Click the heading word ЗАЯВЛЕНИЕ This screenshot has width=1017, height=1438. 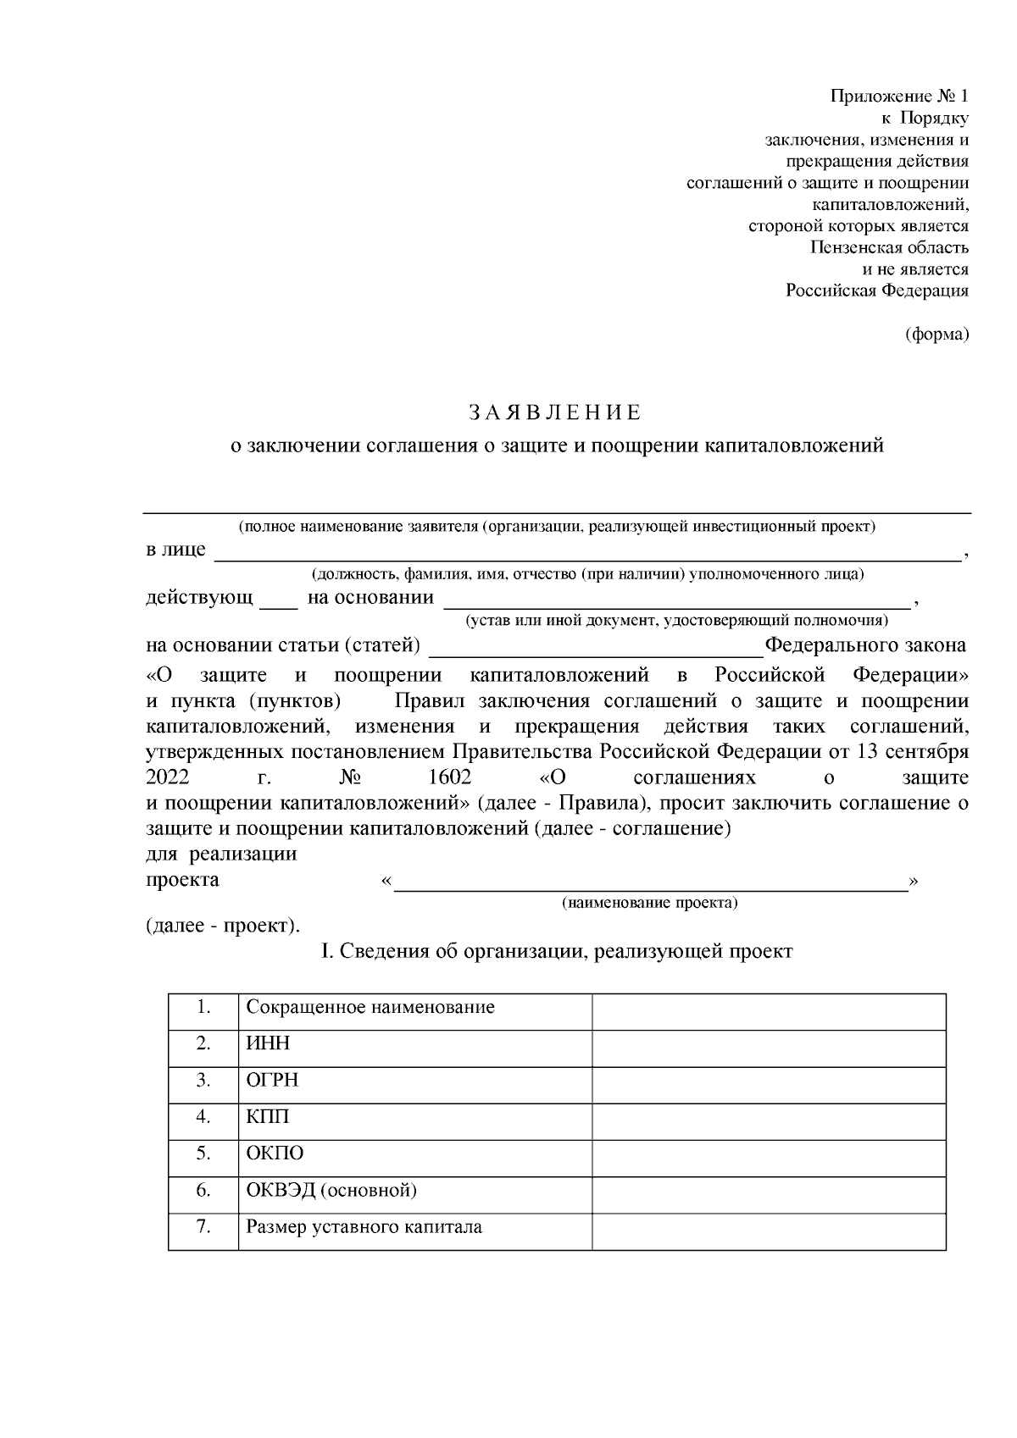(x=556, y=413)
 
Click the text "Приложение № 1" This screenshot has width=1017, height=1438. (x=899, y=96)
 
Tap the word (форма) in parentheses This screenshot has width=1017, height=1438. (x=936, y=335)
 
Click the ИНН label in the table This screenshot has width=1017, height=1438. (x=268, y=1043)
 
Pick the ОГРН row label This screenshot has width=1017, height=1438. (x=272, y=1081)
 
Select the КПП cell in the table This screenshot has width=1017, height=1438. (x=268, y=1117)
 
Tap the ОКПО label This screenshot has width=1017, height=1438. (x=275, y=1153)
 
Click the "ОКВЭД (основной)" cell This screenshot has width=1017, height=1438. (x=331, y=1191)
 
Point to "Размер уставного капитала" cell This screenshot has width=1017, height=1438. (x=364, y=1227)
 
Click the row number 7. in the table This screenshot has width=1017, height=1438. (x=203, y=1227)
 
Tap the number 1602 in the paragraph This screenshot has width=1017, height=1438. (x=445, y=777)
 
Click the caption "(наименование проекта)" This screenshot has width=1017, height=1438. (x=649, y=903)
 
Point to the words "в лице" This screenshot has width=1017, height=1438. (x=175, y=550)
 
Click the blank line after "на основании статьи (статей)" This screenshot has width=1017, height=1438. (x=597, y=647)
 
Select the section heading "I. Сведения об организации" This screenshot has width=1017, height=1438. (x=556, y=952)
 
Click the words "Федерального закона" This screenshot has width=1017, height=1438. (x=865, y=646)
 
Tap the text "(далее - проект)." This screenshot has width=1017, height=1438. (x=223, y=926)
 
